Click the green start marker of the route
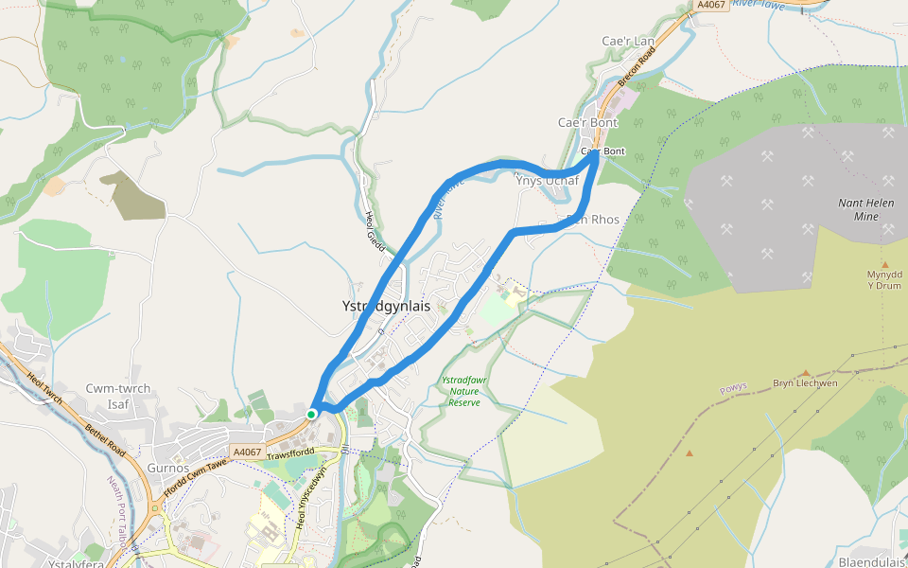[x=311, y=414]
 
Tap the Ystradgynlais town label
[x=386, y=307]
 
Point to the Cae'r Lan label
[x=628, y=42]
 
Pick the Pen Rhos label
[x=592, y=220]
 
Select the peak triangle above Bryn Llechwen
[x=806, y=373]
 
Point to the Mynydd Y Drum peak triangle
[x=884, y=264]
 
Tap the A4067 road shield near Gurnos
[x=247, y=453]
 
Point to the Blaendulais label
[x=871, y=561]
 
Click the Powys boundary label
[x=732, y=387]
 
